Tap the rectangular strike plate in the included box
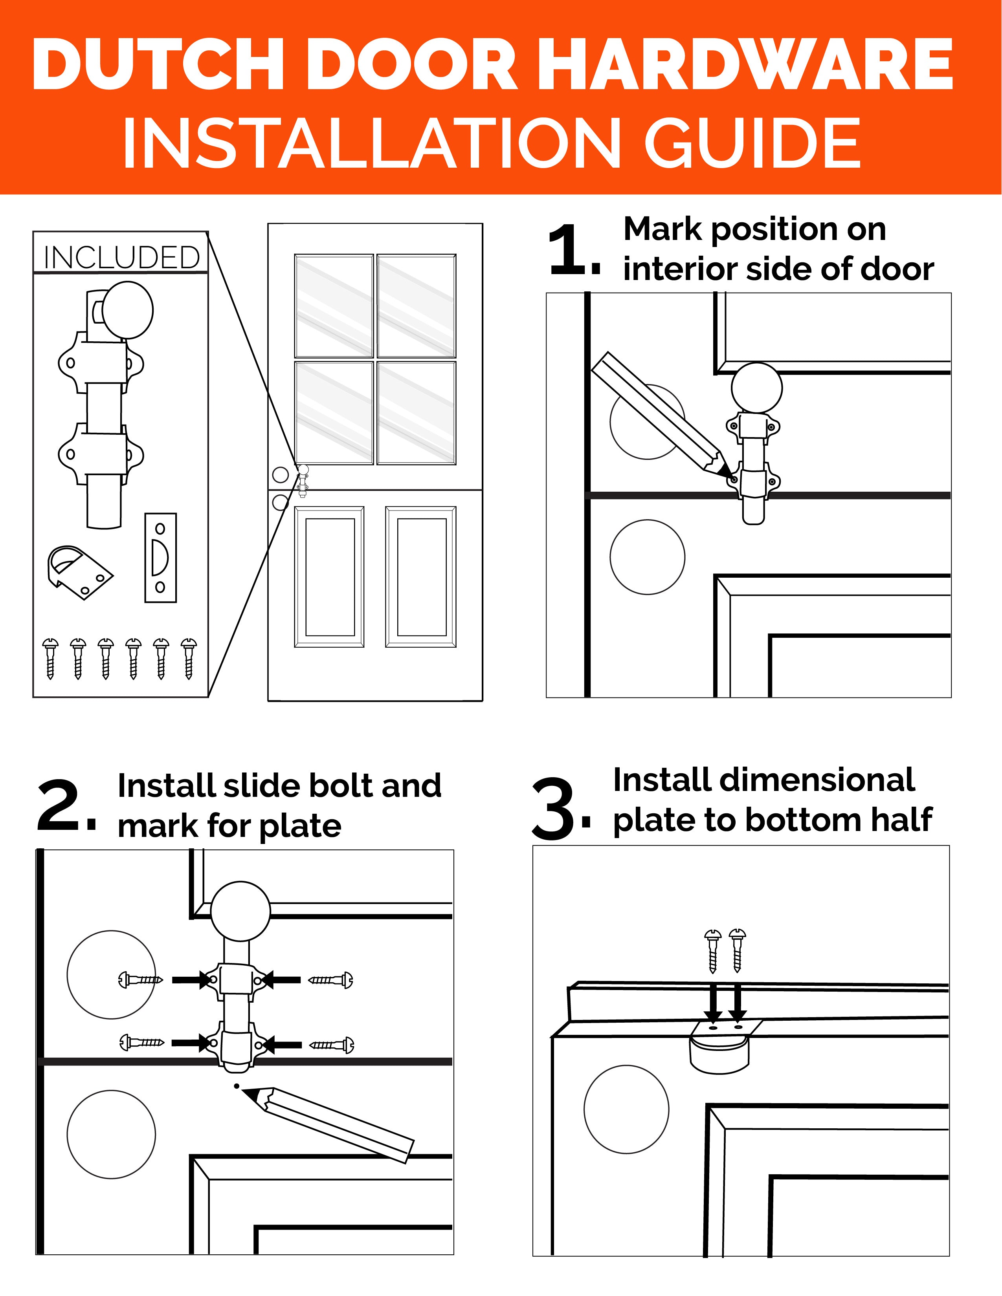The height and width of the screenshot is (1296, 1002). pyautogui.click(x=160, y=557)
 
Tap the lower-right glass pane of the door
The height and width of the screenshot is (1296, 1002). pyautogui.click(x=417, y=413)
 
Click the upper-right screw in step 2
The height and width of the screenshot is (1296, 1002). pyautogui.click(x=330, y=980)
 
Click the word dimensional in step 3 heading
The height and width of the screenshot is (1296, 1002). pyautogui.click(x=764, y=780)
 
